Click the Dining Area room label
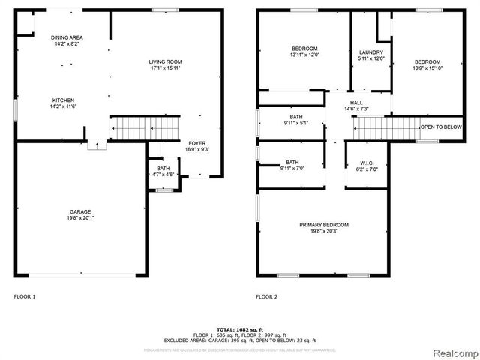(67, 40)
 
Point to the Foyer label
(196, 146)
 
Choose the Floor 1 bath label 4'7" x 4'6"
(163, 172)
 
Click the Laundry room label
(370, 55)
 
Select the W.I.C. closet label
(367, 166)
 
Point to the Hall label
(355, 106)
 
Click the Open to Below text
(440, 127)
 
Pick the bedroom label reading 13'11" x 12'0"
(304, 52)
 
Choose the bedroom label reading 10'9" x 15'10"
(427, 65)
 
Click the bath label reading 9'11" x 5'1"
(295, 121)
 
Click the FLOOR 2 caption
(266, 297)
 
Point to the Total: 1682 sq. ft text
(239, 329)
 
